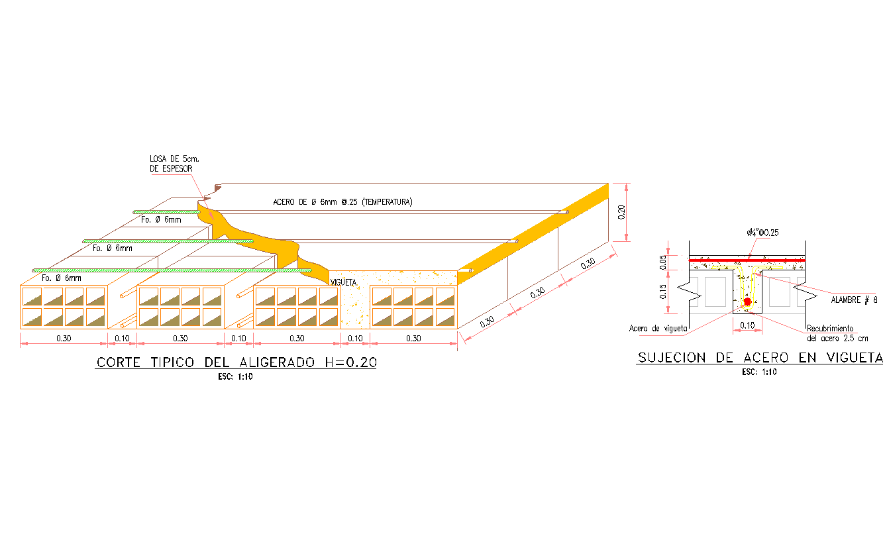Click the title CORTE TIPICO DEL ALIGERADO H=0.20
236,362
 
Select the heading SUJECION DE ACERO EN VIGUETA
760,358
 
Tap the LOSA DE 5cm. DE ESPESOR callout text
171,164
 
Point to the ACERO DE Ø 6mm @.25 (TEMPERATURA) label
342,201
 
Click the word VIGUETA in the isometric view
343,282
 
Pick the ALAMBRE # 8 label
853,300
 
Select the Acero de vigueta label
658,328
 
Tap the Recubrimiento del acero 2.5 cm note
837,333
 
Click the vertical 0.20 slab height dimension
621,212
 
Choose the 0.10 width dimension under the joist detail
747,325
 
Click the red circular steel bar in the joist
747,302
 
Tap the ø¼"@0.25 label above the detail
760,233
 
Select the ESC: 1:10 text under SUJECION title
759,372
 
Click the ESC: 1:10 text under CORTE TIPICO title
236,377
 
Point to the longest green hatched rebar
172,270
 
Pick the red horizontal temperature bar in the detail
747,260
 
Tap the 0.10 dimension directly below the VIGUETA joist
355,339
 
